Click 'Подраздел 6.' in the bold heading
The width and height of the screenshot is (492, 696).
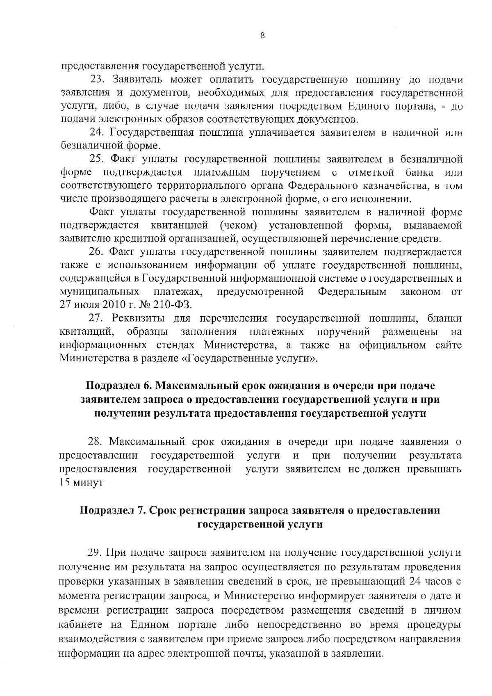119,386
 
